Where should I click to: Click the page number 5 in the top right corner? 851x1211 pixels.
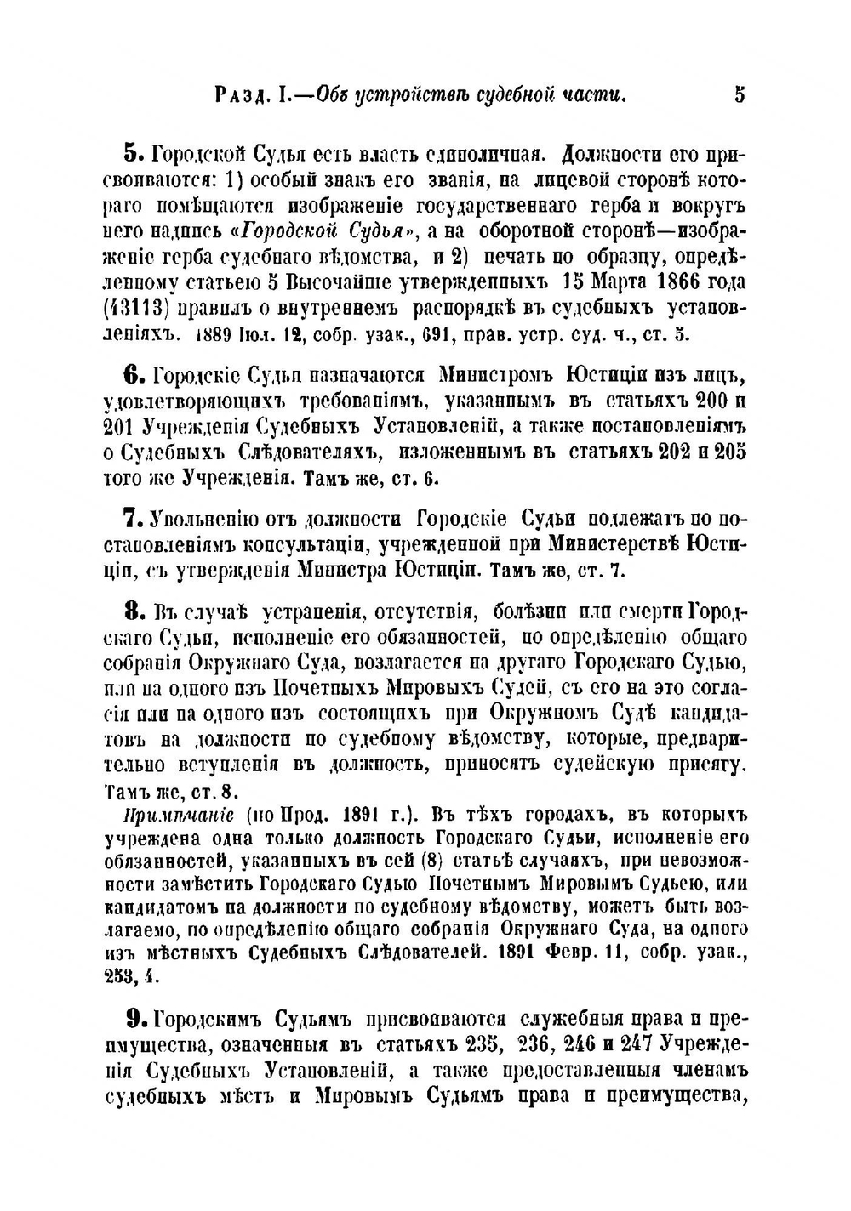[739, 94]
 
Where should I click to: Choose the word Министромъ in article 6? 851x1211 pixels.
[495, 374]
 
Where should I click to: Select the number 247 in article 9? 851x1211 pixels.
[639, 1043]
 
